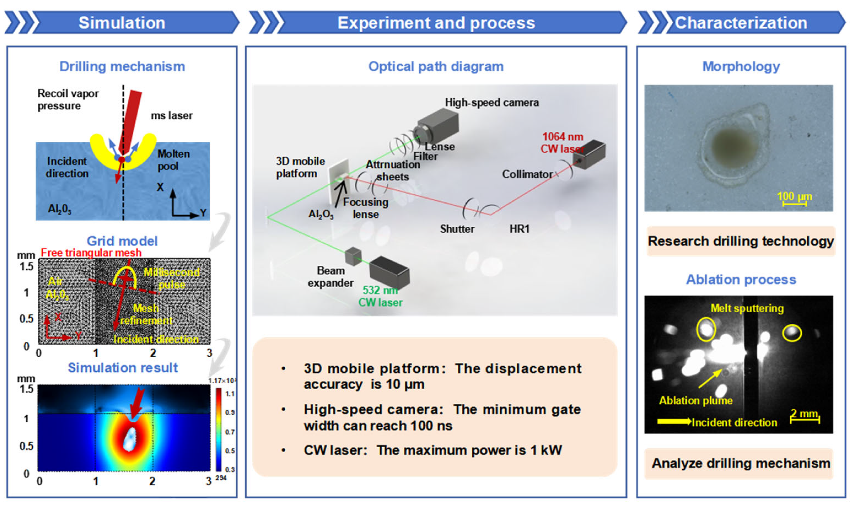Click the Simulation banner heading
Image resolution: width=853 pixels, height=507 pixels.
point(122,23)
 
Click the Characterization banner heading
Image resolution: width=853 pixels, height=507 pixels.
point(741,23)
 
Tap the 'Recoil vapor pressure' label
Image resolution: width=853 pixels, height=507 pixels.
point(68,99)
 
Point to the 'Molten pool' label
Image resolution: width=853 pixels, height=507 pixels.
point(173,160)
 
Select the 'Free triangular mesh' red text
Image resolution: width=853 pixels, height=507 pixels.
point(91,253)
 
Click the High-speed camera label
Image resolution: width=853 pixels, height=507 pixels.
point(492,103)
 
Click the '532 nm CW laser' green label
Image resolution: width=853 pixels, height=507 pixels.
point(380,296)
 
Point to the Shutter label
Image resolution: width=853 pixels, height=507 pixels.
point(457,229)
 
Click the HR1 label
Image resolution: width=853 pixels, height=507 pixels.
point(519,229)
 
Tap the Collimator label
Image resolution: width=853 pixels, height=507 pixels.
point(527,175)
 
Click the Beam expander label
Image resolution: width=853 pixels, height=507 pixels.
point(330,277)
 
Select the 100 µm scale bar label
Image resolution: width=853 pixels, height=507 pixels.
point(794,197)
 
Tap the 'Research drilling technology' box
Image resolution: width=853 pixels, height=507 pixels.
point(741,241)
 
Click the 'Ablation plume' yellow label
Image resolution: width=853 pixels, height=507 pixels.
point(695,400)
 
